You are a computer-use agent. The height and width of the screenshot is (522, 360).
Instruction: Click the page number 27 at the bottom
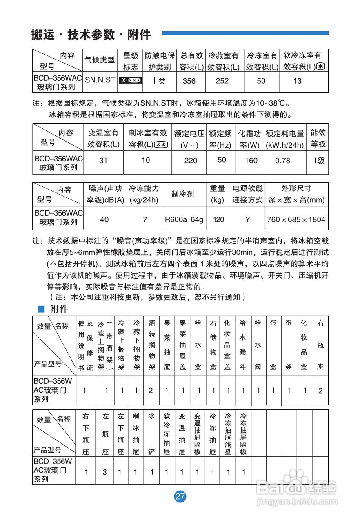pos(180,496)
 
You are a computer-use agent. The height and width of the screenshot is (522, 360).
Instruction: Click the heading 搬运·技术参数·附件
pos(91,35)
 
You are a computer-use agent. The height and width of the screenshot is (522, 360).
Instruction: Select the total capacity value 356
pos(189,81)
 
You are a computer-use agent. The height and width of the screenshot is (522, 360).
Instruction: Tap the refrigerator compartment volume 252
pos(222,81)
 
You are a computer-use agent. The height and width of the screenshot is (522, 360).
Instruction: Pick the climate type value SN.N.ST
pos(100,80)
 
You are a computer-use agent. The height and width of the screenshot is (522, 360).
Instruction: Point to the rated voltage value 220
pos(191,160)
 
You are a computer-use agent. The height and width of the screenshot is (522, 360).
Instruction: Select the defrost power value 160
pos(251,160)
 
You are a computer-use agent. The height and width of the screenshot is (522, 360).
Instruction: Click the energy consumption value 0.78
pos(282,160)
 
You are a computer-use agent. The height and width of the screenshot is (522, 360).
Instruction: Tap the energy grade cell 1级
pos(318,160)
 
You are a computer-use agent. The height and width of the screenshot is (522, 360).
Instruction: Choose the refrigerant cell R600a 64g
pos(184,219)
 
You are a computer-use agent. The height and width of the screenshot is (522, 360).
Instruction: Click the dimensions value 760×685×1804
pos(296,219)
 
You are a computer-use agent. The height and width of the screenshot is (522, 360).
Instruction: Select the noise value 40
pos(104,219)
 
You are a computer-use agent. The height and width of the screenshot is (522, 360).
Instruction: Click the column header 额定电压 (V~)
pos(189,139)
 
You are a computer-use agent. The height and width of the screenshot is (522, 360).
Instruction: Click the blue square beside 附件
pos(40,309)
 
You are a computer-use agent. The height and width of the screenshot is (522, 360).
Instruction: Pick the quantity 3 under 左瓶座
pos(105,472)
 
